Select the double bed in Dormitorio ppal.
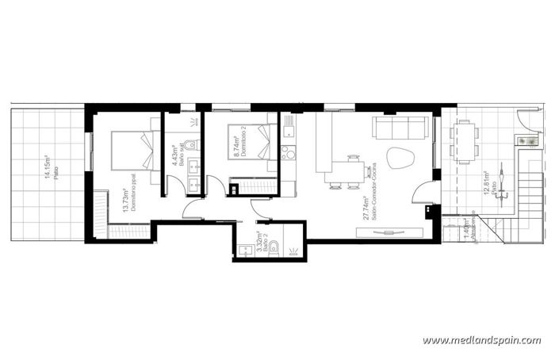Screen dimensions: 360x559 [x=132, y=150]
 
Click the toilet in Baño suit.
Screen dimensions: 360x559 [x=190, y=144]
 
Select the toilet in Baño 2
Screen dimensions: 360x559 [x=274, y=248]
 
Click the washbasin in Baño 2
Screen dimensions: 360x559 [x=243, y=251]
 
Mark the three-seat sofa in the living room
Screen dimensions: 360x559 [x=402, y=128]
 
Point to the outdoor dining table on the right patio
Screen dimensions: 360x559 [x=464, y=140]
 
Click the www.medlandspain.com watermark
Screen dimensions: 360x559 [x=481, y=341]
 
